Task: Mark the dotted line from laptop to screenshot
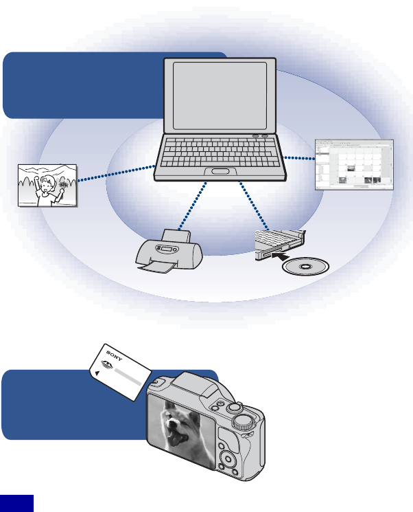[x=299, y=157]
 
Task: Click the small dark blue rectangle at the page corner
[x=16, y=502]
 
